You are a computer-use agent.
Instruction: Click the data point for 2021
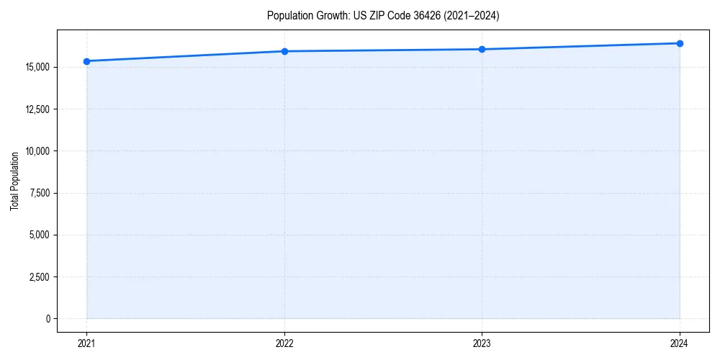coord(86,61)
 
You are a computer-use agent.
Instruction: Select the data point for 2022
coord(284,51)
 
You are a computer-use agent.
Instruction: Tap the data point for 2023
coord(482,49)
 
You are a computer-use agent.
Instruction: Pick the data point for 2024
coord(680,43)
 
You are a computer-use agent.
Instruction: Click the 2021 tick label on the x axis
coord(86,343)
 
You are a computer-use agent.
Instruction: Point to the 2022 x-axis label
coord(284,343)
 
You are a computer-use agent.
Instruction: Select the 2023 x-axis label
coord(482,343)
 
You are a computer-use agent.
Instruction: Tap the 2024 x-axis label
coord(680,343)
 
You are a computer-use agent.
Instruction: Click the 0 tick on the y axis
coord(48,318)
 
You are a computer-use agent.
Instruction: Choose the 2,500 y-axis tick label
coord(40,276)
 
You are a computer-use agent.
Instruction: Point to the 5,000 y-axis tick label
coord(40,235)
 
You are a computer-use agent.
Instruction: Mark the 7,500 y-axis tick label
coord(40,193)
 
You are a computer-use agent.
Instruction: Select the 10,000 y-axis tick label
coord(37,151)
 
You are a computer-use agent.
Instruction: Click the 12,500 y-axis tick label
coord(37,109)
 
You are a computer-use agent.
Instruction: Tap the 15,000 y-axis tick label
coord(37,68)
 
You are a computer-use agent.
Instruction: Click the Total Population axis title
coord(14,181)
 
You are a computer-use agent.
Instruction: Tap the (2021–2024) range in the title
coord(472,15)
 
